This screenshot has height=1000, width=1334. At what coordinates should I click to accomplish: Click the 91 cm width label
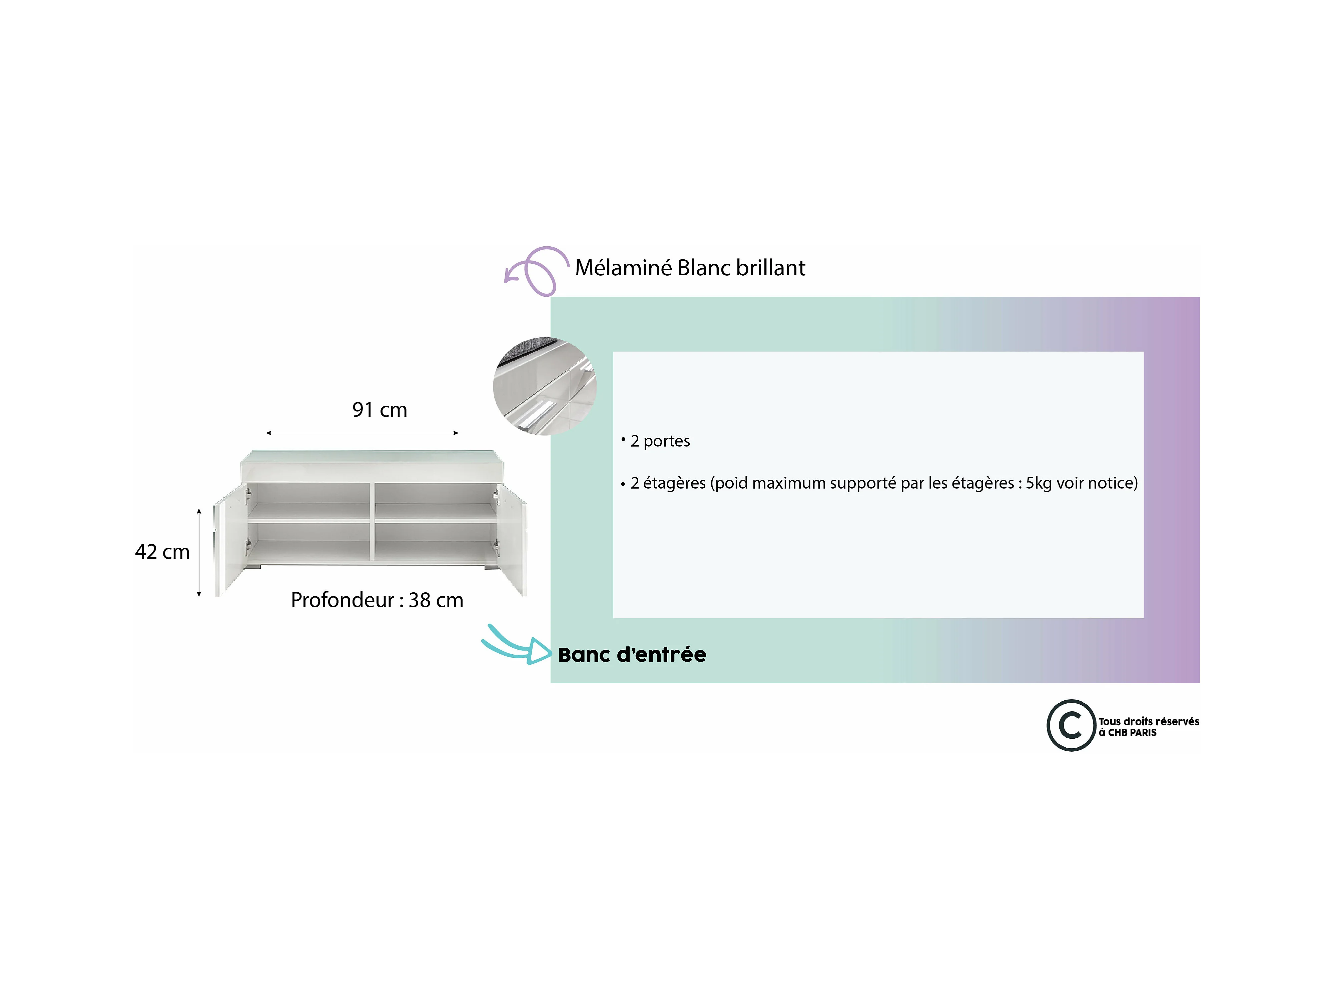[379, 410]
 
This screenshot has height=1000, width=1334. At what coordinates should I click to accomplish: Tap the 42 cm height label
[162, 552]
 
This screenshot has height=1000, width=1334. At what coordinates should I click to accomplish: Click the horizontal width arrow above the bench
[362, 433]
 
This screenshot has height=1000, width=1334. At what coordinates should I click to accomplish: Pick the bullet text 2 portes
[660, 441]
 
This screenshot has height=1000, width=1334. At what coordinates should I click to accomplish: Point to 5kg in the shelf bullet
[1039, 483]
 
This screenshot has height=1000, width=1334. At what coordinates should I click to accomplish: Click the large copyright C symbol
[1071, 725]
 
